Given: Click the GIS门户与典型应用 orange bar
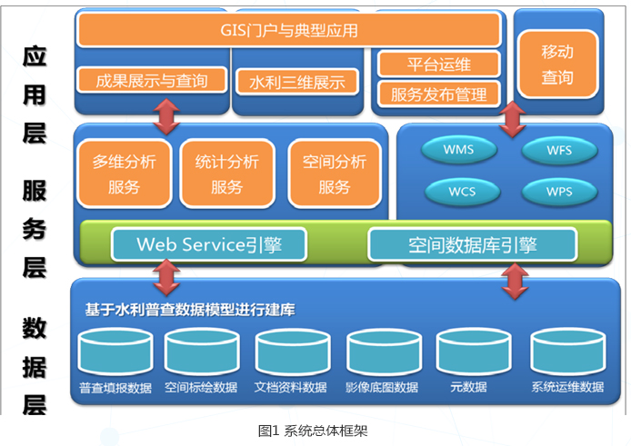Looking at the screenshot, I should [288, 30].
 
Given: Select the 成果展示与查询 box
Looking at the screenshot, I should [152, 81].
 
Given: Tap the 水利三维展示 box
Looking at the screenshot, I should [297, 83].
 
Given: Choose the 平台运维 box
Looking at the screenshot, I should [439, 64].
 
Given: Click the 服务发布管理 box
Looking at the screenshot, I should [439, 93].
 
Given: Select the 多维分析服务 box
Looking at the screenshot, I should [124, 173].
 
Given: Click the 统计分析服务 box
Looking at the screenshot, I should [226, 173].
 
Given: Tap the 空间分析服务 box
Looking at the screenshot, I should [335, 173].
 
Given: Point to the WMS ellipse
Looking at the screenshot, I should [457, 150].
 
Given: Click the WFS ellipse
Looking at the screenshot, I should [559, 150].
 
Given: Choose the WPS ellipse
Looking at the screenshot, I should [559, 192].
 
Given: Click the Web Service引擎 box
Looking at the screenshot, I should [208, 244].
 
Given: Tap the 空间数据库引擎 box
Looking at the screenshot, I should [472, 244].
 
